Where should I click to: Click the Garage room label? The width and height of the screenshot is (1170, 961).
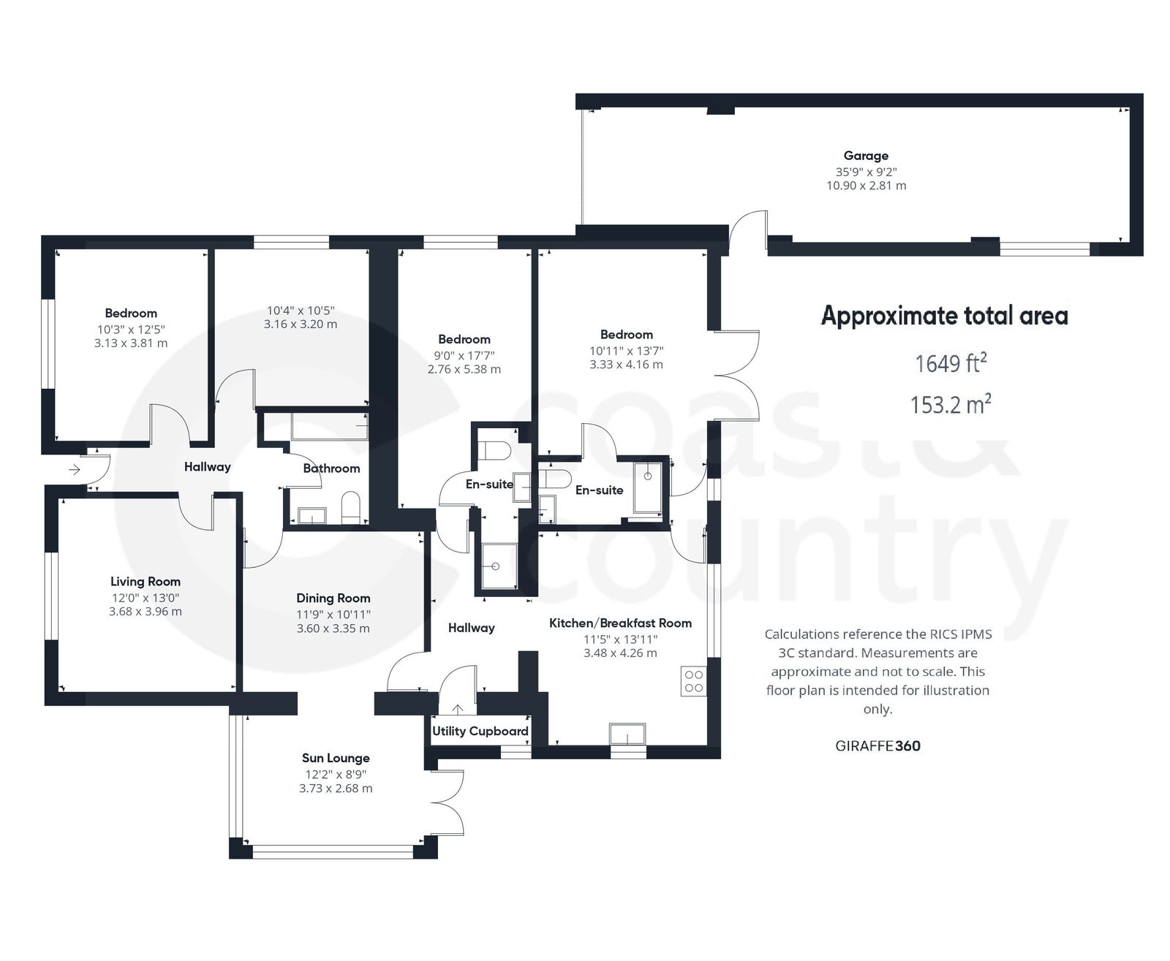pos(866,156)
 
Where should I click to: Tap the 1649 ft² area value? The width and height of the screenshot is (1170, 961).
pos(950,362)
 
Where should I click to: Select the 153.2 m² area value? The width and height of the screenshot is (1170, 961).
pos(950,403)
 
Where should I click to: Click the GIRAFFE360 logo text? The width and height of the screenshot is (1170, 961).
pos(877,745)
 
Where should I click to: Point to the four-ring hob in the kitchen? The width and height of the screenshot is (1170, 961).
pos(693,681)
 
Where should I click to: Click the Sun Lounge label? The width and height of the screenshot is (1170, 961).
pos(336,758)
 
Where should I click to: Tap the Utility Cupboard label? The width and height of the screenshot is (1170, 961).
pos(480,731)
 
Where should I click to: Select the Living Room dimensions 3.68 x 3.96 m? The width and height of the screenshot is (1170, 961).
pos(146,612)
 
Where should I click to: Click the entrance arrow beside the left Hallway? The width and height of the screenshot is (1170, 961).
pos(75,469)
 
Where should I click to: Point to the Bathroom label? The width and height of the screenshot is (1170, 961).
pos(331,468)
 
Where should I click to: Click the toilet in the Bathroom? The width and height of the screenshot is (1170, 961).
pos(351,507)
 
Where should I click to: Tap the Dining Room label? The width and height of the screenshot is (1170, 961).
pos(333,598)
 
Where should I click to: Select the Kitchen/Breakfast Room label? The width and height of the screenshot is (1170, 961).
pos(620,623)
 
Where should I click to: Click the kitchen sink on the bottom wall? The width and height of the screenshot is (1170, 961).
pos(627,733)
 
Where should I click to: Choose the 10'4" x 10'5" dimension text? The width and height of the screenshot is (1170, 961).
pos(301,311)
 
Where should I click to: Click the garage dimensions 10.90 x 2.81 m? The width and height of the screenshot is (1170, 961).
pos(866,186)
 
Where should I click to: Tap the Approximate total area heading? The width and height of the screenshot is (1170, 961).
pos(944,316)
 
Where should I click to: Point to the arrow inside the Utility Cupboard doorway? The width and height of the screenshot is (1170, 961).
pos(458,709)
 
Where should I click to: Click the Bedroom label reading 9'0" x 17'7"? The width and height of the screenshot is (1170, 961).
pos(464,339)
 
